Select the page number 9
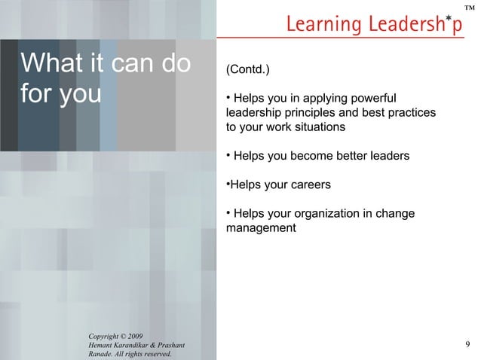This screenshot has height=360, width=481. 468,345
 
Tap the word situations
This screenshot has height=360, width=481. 320,127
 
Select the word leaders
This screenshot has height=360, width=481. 385,156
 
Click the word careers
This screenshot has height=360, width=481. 308,185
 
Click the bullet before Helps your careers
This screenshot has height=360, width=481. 228,183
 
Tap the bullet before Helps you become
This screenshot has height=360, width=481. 228,154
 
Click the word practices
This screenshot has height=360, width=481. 412,113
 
